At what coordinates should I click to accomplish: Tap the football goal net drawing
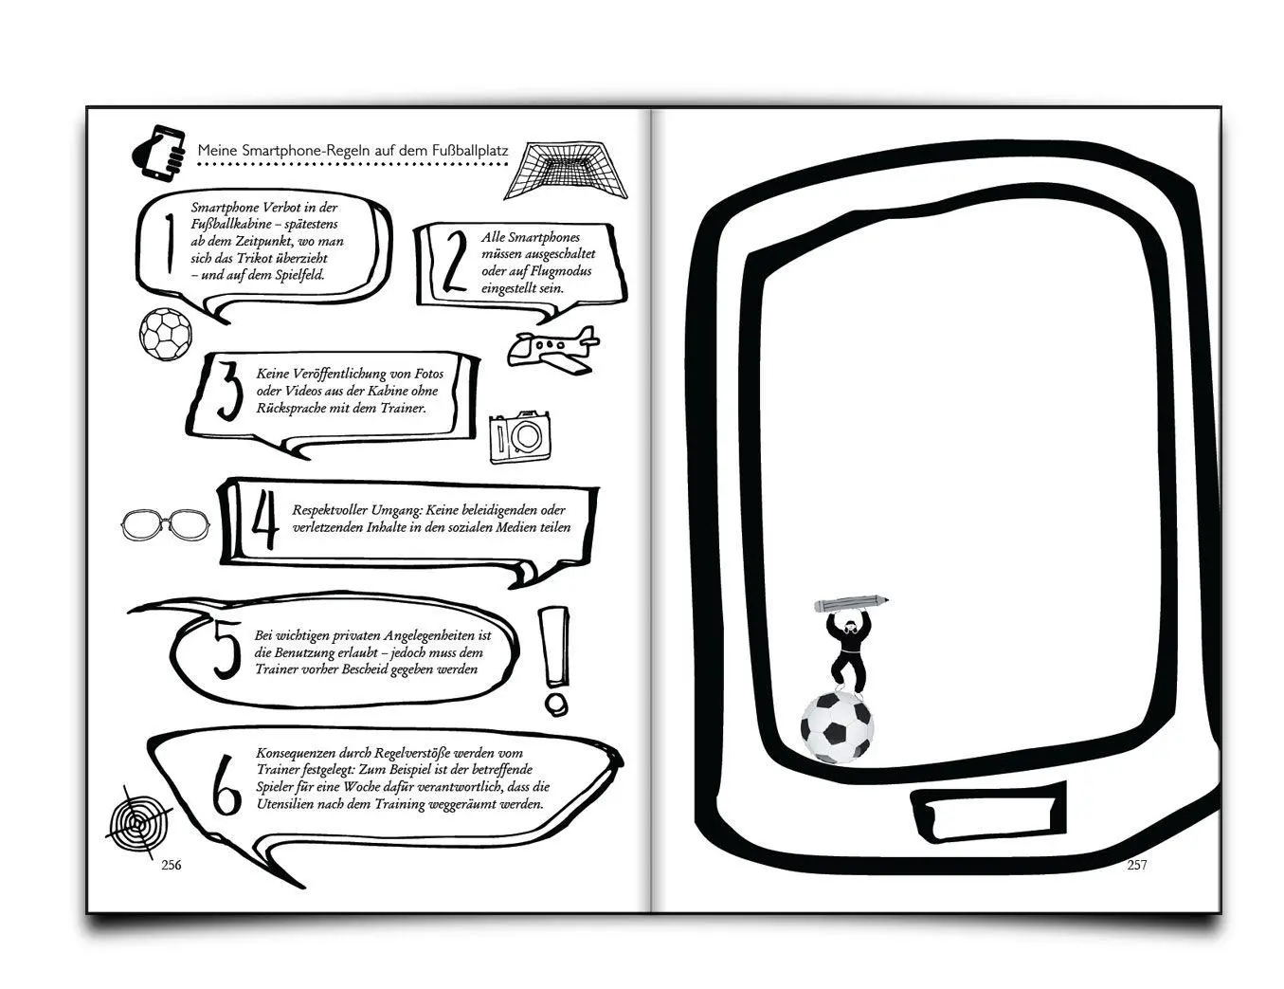566,170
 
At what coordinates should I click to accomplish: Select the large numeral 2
455,262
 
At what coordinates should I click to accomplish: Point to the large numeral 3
229,391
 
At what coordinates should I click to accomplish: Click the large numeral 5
226,650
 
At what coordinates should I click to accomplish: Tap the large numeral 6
226,784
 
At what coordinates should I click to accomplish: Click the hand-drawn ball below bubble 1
166,334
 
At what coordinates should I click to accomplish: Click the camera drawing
520,436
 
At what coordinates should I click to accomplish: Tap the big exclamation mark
554,661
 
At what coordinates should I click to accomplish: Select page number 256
172,865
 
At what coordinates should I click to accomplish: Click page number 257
1136,865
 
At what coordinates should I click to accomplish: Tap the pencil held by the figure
851,603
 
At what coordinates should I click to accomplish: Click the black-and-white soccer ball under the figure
837,727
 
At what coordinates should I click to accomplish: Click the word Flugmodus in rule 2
561,271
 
